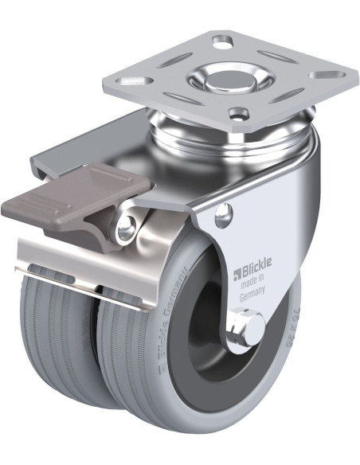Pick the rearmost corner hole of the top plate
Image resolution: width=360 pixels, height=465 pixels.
(221, 38)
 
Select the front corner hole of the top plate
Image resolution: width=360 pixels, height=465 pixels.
(237, 112)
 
